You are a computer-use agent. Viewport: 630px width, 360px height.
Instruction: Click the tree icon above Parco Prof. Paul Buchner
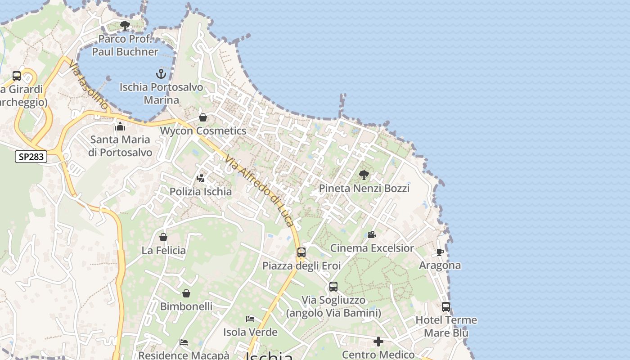(125, 26)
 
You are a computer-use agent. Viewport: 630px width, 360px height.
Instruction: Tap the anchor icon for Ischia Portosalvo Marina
(161, 73)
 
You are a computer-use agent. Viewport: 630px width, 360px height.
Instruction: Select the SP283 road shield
(31, 157)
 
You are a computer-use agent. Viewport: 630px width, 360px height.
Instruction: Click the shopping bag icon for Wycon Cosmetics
(203, 117)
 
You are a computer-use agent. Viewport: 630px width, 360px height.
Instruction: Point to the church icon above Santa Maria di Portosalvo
(120, 126)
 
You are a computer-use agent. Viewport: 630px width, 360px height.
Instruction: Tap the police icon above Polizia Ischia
(201, 178)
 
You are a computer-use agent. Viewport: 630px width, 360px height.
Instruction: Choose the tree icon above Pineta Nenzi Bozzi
(364, 175)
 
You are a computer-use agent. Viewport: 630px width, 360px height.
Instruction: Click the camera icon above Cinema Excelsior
(372, 234)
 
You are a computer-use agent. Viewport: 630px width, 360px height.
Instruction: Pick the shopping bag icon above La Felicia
(163, 237)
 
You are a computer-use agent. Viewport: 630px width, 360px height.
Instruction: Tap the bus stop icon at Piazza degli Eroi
(301, 252)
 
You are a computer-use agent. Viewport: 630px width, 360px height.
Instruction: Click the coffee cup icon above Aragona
(440, 252)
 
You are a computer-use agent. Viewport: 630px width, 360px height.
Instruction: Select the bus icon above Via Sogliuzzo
(333, 287)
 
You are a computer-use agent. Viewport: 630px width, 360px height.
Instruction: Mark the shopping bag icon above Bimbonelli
(186, 293)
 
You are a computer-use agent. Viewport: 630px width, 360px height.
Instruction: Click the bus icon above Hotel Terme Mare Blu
(446, 307)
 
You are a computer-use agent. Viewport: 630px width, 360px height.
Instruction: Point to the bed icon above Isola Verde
(250, 319)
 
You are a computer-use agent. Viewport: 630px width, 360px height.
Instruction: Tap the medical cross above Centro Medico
(378, 342)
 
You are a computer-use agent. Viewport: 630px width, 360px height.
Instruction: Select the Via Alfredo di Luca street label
(260, 191)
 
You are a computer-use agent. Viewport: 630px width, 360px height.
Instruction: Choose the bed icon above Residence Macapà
(184, 342)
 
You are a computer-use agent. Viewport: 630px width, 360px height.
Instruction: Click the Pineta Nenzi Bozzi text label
(364, 188)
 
